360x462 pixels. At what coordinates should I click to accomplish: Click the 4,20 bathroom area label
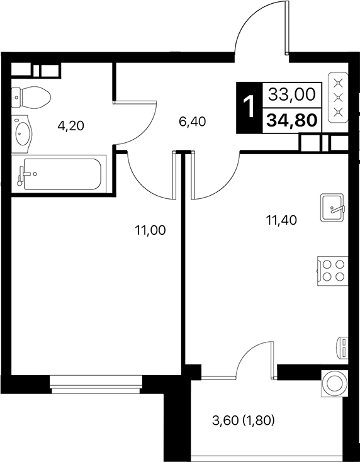(70, 125)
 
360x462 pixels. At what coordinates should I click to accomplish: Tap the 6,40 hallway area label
(193, 121)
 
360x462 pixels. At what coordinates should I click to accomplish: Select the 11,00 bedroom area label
(150, 230)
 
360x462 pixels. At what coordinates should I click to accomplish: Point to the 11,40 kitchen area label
(281, 220)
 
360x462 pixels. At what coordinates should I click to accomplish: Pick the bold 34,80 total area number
(291, 120)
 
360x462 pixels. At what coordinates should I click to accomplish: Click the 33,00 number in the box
(291, 95)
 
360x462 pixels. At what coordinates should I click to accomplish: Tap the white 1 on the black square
(249, 108)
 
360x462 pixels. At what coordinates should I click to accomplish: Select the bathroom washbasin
(25, 133)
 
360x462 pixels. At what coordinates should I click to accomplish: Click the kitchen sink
(332, 207)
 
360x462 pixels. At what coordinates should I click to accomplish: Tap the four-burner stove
(332, 269)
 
